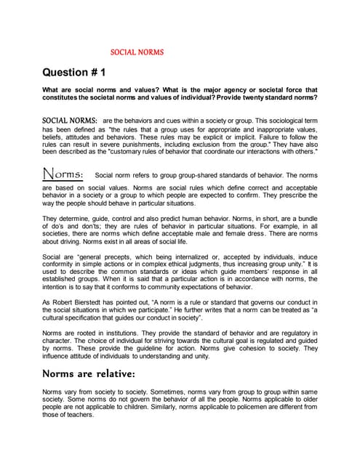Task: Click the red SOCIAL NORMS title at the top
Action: coord(137,52)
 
